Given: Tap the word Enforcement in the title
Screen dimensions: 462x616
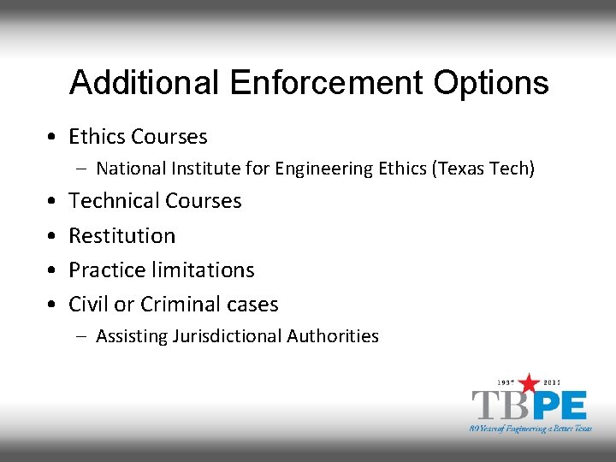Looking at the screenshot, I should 326,83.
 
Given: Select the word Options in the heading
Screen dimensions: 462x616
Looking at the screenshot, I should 491,83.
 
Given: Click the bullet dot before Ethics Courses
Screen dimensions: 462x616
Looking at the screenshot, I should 53,137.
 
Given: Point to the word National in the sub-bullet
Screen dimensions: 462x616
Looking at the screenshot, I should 132,169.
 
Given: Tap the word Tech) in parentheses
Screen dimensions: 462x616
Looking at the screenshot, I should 512,169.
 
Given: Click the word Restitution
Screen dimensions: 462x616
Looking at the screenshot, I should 121,235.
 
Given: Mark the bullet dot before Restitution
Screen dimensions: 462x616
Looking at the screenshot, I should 53,235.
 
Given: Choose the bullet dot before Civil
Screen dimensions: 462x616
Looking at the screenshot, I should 53,304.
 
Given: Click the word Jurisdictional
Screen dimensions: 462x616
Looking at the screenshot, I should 228,336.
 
